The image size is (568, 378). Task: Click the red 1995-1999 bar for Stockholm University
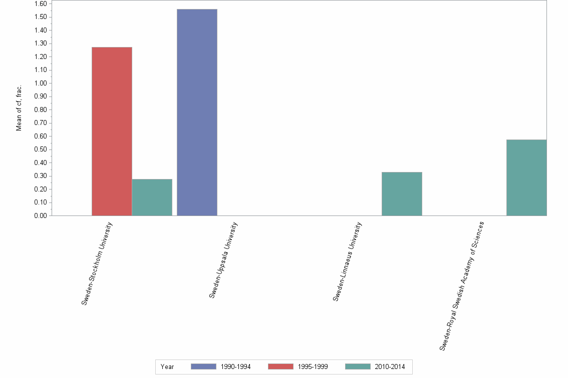112,131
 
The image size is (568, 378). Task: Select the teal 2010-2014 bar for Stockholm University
152,197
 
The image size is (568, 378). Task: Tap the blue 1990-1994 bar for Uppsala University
197,112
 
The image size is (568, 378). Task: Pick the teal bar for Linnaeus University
402,194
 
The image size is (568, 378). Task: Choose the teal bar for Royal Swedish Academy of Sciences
526,177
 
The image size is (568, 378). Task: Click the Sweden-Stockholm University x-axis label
97,263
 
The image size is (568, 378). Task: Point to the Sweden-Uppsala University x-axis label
223,260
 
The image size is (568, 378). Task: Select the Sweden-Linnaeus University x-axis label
347,261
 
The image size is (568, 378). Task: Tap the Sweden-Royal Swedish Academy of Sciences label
462,285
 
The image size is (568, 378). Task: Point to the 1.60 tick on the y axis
41,4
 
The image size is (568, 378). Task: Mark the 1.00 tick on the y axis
41,83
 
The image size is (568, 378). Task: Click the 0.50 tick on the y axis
41,149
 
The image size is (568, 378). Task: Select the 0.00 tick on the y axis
41,216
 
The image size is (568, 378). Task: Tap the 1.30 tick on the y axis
41,43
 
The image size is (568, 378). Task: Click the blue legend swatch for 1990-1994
203,366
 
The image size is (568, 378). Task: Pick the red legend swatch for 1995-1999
280,366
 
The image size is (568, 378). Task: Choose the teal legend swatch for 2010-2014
358,366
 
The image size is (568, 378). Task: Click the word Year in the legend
167,367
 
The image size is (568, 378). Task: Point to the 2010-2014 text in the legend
390,367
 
